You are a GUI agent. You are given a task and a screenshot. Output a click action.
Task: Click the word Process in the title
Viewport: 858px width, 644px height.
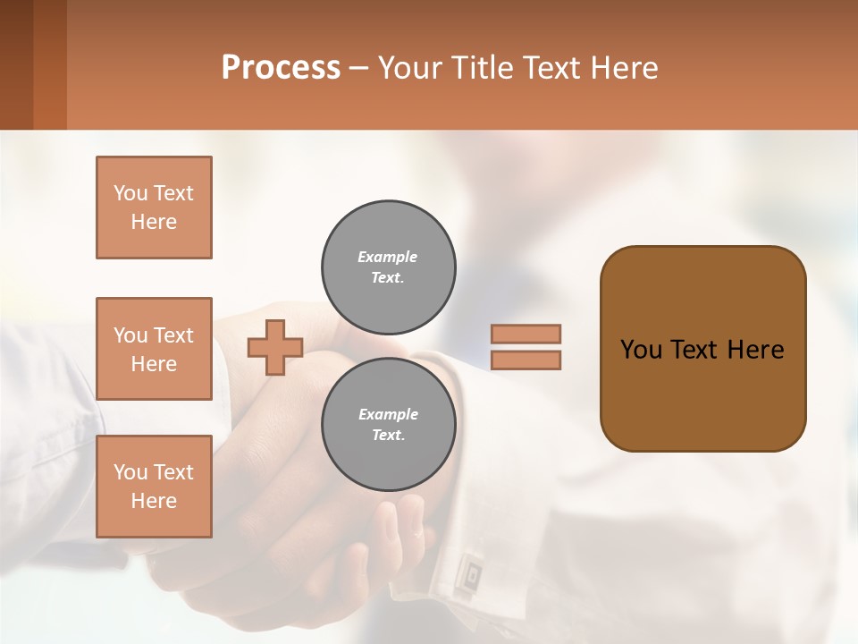[281, 68]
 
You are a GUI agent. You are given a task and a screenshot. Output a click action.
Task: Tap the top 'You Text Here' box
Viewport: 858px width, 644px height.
[154, 208]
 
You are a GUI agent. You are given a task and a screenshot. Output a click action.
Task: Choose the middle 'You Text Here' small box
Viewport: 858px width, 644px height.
[154, 349]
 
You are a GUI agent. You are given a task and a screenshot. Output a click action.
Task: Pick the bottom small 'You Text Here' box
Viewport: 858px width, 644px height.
[154, 487]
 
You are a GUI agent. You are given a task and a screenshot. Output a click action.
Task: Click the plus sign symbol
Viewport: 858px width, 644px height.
[275, 347]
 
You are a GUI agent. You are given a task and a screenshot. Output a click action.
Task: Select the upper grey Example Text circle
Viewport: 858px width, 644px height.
[389, 267]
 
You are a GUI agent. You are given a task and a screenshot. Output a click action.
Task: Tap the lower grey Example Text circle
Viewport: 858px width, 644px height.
[389, 425]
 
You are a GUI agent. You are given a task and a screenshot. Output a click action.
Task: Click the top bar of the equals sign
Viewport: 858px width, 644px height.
[526, 334]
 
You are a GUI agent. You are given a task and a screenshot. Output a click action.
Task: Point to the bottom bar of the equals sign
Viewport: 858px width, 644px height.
[526, 360]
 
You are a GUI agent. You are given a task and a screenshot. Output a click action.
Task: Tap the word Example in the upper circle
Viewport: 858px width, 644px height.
[388, 257]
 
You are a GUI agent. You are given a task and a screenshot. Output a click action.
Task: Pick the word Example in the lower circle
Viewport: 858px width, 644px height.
[388, 414]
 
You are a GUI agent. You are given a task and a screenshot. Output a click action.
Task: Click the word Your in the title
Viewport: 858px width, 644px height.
[409, 68]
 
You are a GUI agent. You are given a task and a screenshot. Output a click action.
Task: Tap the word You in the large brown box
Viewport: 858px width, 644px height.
[641, 350]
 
